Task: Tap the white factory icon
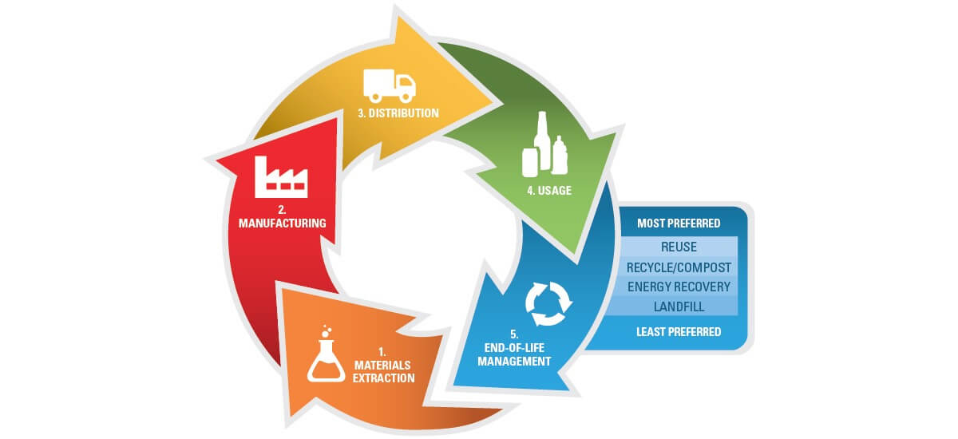pyautogui.click(x=279, y=178)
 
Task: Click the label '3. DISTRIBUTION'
pyautogui.click(x=398, y=113)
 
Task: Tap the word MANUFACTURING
pyautogui.click(x=282, y=223)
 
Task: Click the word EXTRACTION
pyautogui.click(x=383, y=378)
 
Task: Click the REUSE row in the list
pyautogui.click(x=679, y=247)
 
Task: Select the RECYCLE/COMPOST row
pyautogui.click(x=679, y=267)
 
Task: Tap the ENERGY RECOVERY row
pyautogui.click(x=679, y=286)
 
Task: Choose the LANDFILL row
pyautogui.click(x=679, y=306)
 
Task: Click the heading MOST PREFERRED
pyautogui.click(x=679, y=223)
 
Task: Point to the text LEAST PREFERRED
pyautogui.click(x=679, y=331)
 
